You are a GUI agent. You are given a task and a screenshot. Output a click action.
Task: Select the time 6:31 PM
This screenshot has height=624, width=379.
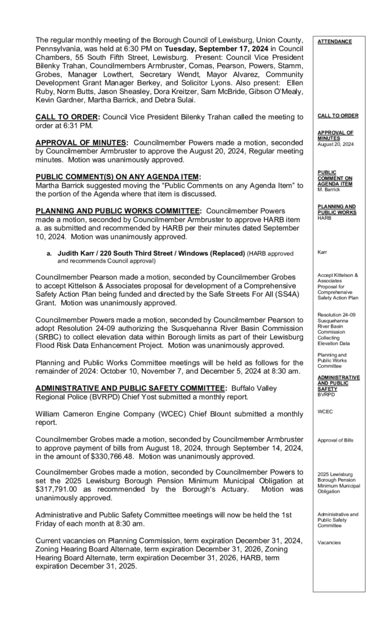click(x=80, y=125)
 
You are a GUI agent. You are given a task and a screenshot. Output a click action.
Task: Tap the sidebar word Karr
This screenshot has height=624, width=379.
click(x=323, y=251)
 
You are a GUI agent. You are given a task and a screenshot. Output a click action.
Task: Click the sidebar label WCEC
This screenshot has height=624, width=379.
click(x=325, y=411)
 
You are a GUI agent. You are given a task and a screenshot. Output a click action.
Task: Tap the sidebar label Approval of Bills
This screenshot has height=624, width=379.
click(x=335, y=440)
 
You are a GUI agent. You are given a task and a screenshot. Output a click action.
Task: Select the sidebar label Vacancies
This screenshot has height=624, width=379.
click(x=329, y=542)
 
